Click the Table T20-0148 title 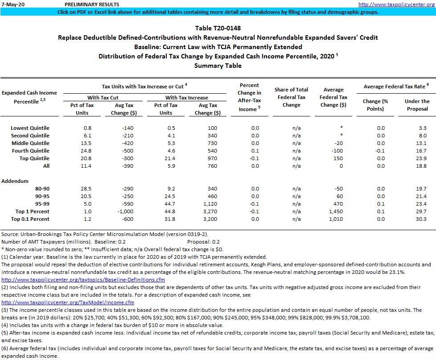[218, 28]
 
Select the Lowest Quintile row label [30, 128]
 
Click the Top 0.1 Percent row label [33, 219]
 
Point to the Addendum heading [15, 181]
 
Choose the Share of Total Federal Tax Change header [292, 97]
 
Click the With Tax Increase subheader [187, 97]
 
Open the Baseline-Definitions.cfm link [83, 280]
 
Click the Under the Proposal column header [417, 105]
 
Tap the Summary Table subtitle [218, 66]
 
